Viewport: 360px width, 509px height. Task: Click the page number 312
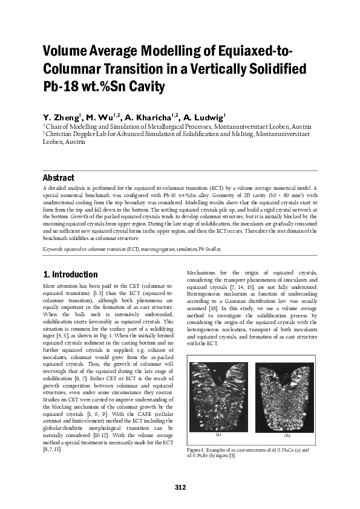180,487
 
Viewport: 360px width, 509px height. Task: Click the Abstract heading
58,178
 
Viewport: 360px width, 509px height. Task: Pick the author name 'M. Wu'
97,117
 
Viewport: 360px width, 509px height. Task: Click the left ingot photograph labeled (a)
218,395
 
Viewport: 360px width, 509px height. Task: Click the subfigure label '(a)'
218,435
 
